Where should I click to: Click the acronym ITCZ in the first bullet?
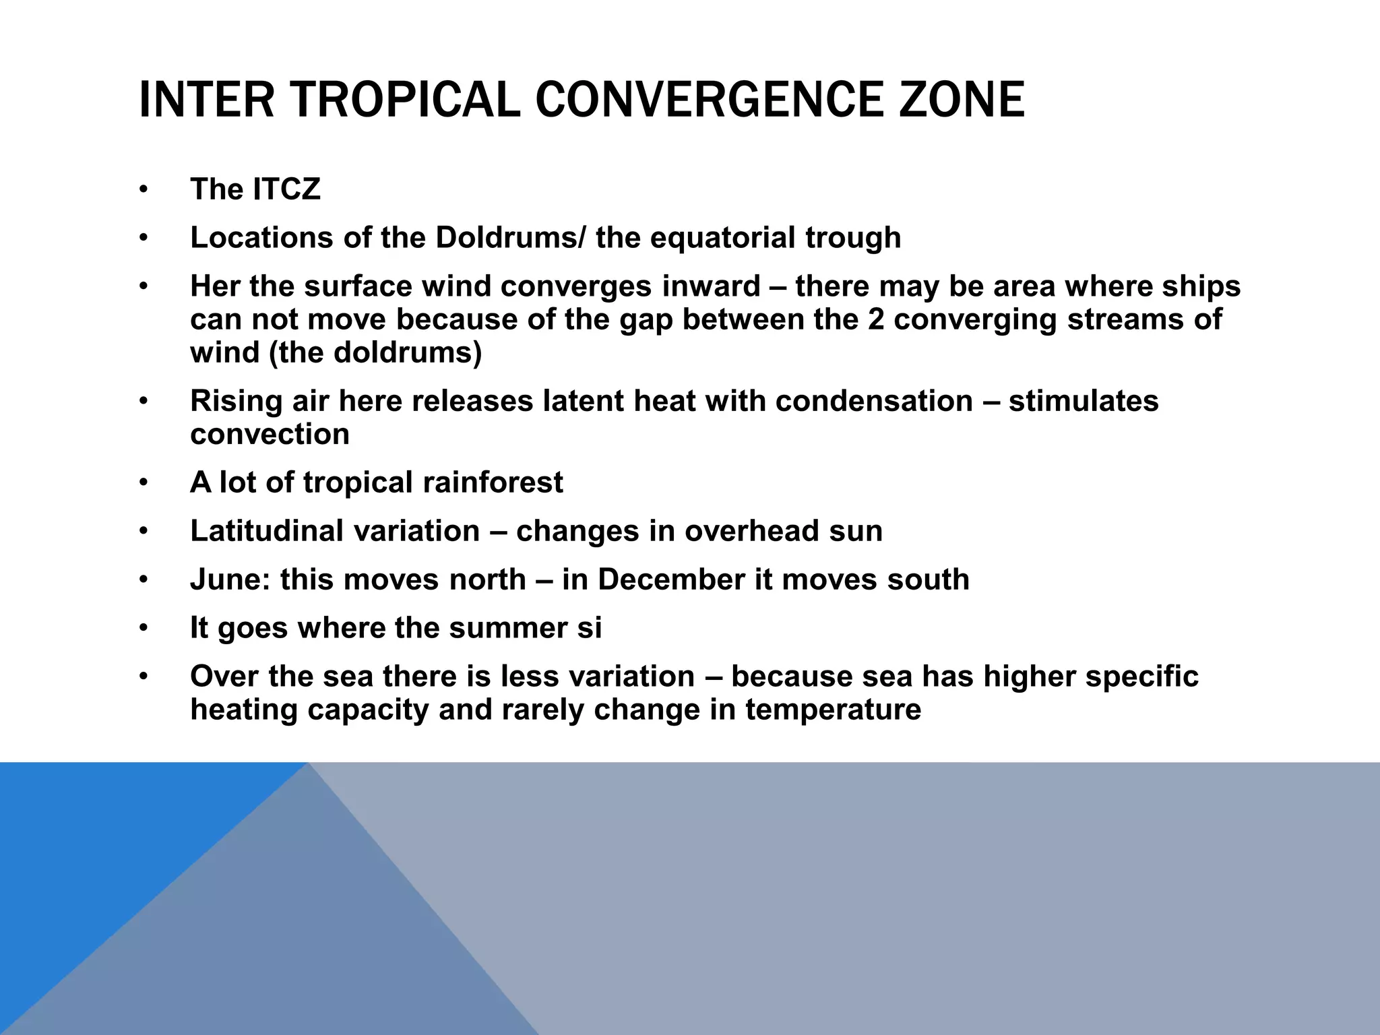[x=287, y=189]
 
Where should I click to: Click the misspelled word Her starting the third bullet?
[x=214, y=286]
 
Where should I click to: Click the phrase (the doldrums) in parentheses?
[x=375, y=352]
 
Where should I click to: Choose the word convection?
[x=270, y=434]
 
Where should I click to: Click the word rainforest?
[x=492, y=482]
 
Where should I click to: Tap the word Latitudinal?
[x=267, y=531]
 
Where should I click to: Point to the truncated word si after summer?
[x=590, y=628]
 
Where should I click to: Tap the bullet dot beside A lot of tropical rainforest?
[x=143, y=483]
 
